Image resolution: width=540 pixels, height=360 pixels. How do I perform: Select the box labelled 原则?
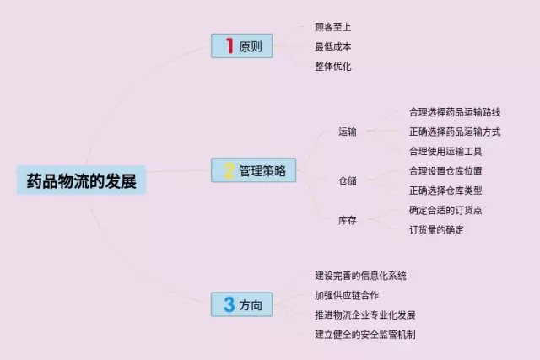[x=242, y=46]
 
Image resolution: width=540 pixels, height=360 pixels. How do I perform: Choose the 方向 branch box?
[x=242, y=304]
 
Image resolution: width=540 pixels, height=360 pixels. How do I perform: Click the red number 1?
[x=227, y=46]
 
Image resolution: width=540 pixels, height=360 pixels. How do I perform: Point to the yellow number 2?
[x=228, y=171]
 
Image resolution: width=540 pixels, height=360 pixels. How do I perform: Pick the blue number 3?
[x=229, y=304]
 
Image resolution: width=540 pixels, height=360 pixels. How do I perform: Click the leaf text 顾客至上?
[x=332, y=27]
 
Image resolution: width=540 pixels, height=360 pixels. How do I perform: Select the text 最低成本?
[x=332, y=46]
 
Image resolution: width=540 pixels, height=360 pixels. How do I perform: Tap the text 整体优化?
[x=332, y=66]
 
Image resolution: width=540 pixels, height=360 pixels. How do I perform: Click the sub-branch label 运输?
[x=348, y=132]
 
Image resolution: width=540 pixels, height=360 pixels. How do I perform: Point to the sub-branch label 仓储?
[x=348, y=180]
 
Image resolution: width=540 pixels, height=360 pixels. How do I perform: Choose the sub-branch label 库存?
[x=348, y=220]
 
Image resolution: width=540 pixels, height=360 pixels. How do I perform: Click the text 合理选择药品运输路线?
[x=455, y=111]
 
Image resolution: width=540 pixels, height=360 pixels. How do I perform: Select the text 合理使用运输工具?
[x=445, y=151]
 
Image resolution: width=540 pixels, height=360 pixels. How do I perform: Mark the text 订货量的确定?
[x=436, y=229]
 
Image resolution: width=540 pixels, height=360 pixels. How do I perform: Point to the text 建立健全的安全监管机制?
[x=365, y=335]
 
